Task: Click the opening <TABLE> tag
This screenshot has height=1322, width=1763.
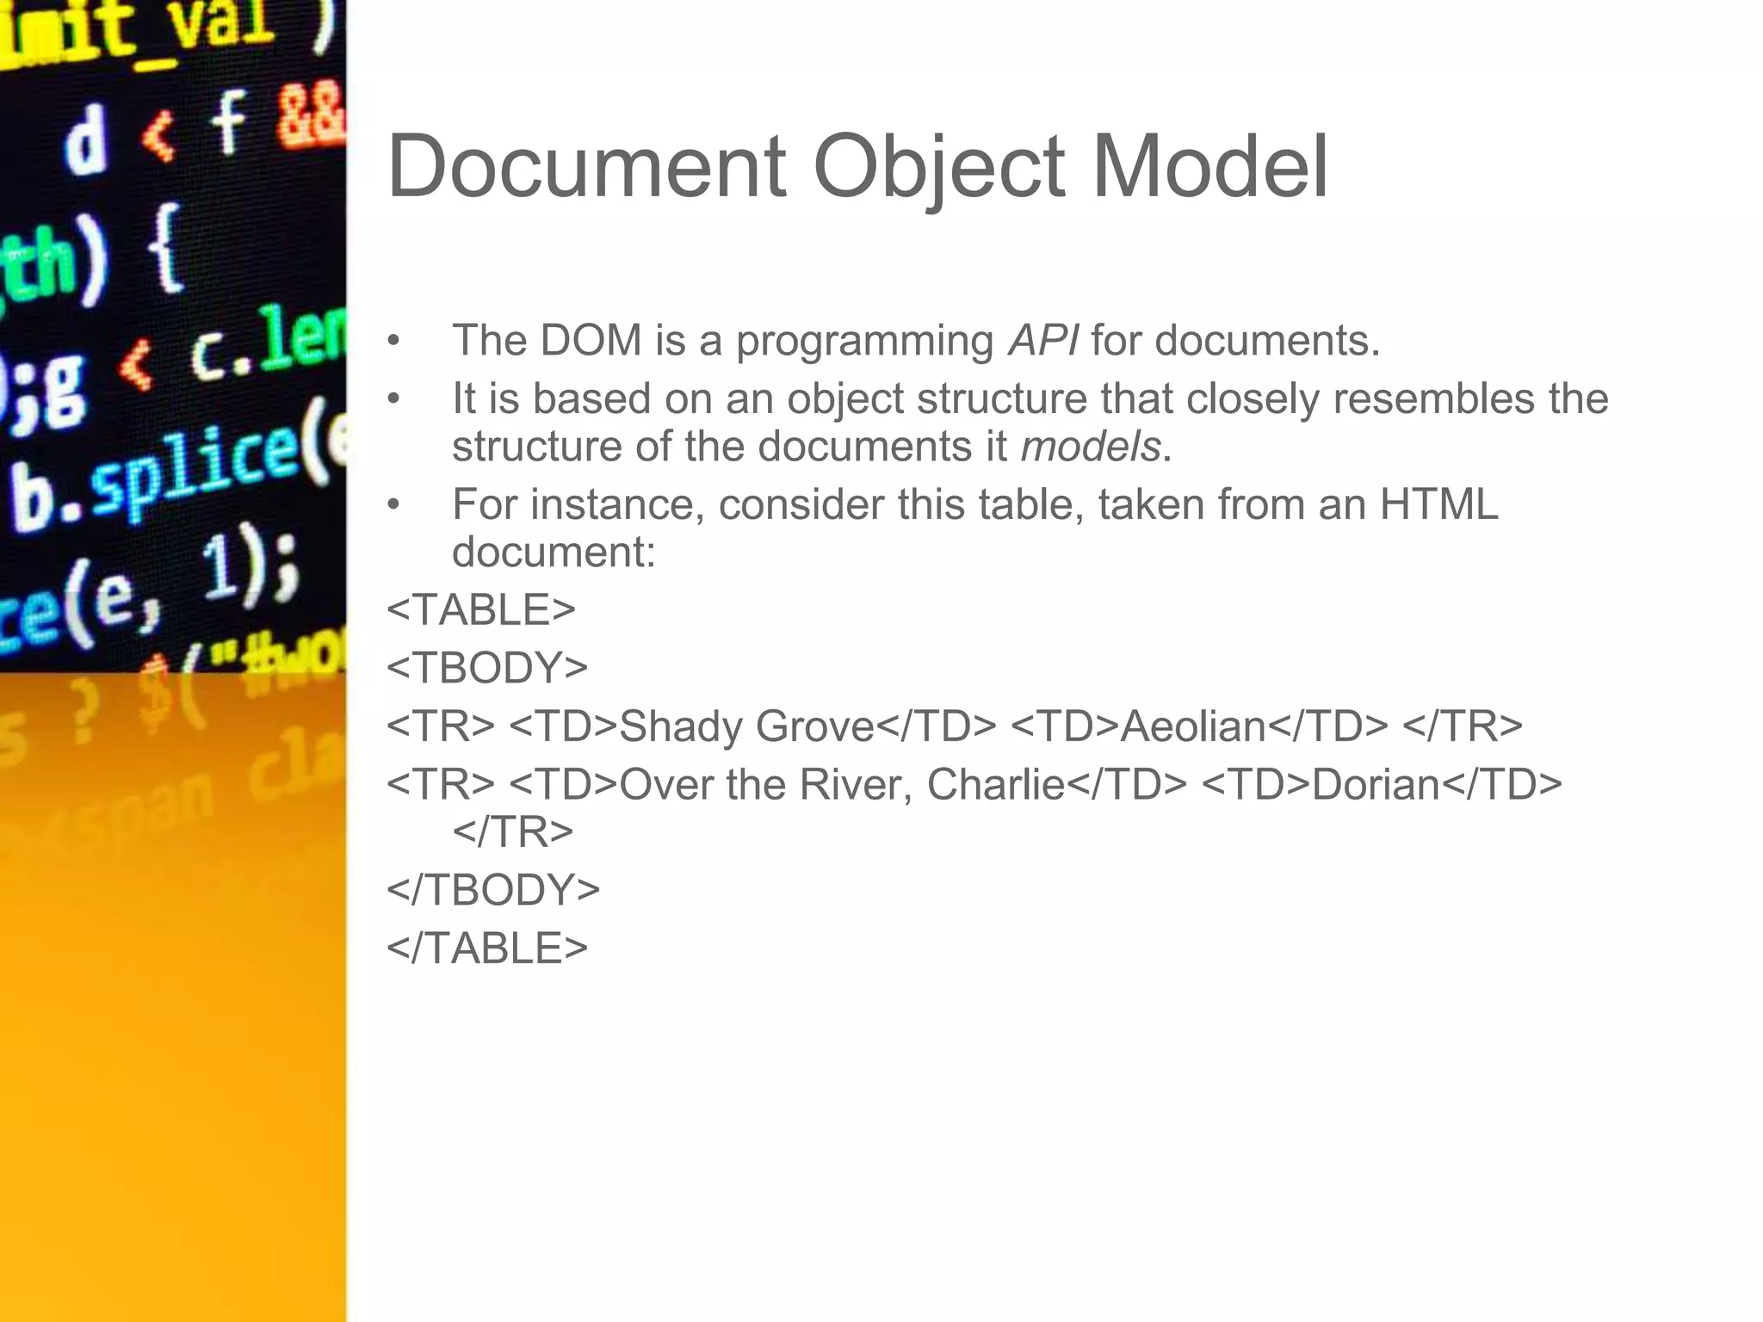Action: pos(481,610)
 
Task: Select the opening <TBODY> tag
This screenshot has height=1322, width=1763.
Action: pos(487,668)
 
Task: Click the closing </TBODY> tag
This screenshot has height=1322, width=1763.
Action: pos(493,890)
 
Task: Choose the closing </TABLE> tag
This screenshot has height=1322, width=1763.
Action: pos(487,948)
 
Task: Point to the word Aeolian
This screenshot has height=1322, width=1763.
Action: pos(1193,726)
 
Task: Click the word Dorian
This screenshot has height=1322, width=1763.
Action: pos(1376,785)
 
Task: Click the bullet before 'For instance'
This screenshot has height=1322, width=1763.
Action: pos(393,505)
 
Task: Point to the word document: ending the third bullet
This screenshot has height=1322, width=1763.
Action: pos(554,553)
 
